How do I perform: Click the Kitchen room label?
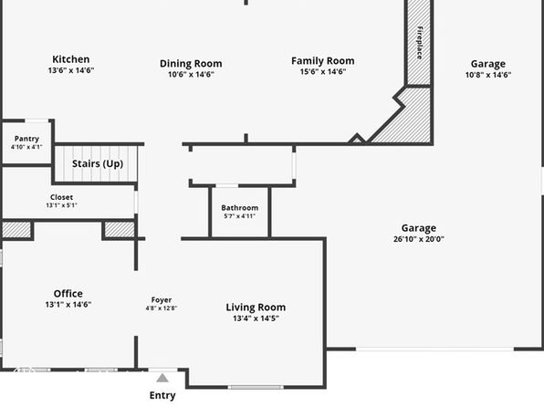pyautogui.click(x=71, y=59)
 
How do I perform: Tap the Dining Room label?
pyautogui.click(x=191, y=64)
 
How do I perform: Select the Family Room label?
pyautogui.click(x=322, y=61)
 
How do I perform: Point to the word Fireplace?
pyautogui.click(x=420, y=43)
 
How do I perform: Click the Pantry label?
pyautogui.click(x=26, y=139)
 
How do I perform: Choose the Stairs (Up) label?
pyautogui.click(x=98, y=163)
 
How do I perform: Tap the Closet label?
pyautogui.click(x=61, y=197)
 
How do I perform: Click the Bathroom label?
pyautogui.click(x=240, y=208)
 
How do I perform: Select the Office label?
pyautogui.click(x=68, y=294)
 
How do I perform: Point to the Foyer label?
pyautogui.click(x=162, y=300)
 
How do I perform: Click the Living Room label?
pyautogui.click(x=256, y=308)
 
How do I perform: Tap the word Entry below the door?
pyautogui.click(x=162, y=395)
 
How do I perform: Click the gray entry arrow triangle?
pyautogui.click(x=162, y=378)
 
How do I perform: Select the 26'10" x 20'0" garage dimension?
pyautogui.click(x=419, y=239)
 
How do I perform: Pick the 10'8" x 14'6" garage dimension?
pyautogui.click(x=488, y=75)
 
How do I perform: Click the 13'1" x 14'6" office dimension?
pyautogui.click(x=68, y=305)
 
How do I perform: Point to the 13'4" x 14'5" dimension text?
pyautogui.click(x=256, y=318)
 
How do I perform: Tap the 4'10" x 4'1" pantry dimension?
pyautogui.click(x=26, y=147)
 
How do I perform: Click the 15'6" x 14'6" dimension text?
pyautogui.click(x=322, y=72)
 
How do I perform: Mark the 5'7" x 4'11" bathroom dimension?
pyautogui.click(x=240, y=216)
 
